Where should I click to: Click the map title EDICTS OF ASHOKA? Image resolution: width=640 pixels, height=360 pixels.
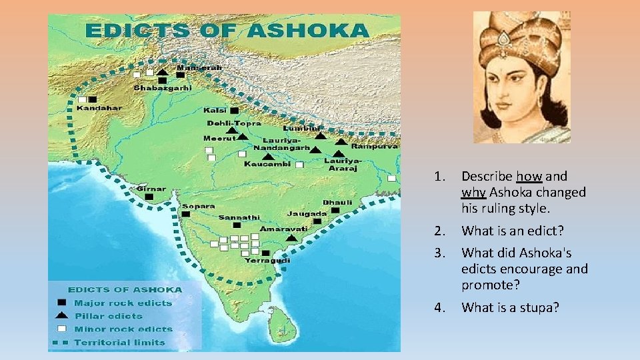227,31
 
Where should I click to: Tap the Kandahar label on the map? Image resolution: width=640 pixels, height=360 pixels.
99,107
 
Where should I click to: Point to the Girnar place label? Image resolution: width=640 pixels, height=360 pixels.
151,189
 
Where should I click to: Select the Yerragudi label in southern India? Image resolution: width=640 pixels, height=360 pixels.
267,261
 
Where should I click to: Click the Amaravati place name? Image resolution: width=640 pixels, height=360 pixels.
283,228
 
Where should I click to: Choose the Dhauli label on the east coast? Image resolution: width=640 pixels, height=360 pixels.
337,201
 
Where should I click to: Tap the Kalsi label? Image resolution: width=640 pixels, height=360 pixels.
216,110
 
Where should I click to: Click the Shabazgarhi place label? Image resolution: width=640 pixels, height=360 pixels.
163,87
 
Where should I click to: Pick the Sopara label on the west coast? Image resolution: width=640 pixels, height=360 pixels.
198,206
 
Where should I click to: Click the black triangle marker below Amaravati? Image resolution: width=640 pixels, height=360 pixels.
291,237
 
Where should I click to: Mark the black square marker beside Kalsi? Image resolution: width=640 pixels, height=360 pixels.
234,110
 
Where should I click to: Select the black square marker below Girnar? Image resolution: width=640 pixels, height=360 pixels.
149,197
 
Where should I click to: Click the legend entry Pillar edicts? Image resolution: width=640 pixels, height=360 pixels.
109,316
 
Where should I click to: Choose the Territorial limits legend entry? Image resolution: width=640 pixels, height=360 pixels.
119,343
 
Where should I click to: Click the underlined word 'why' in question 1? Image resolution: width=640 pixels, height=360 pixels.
473,193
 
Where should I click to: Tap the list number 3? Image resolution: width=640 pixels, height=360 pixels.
438,253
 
